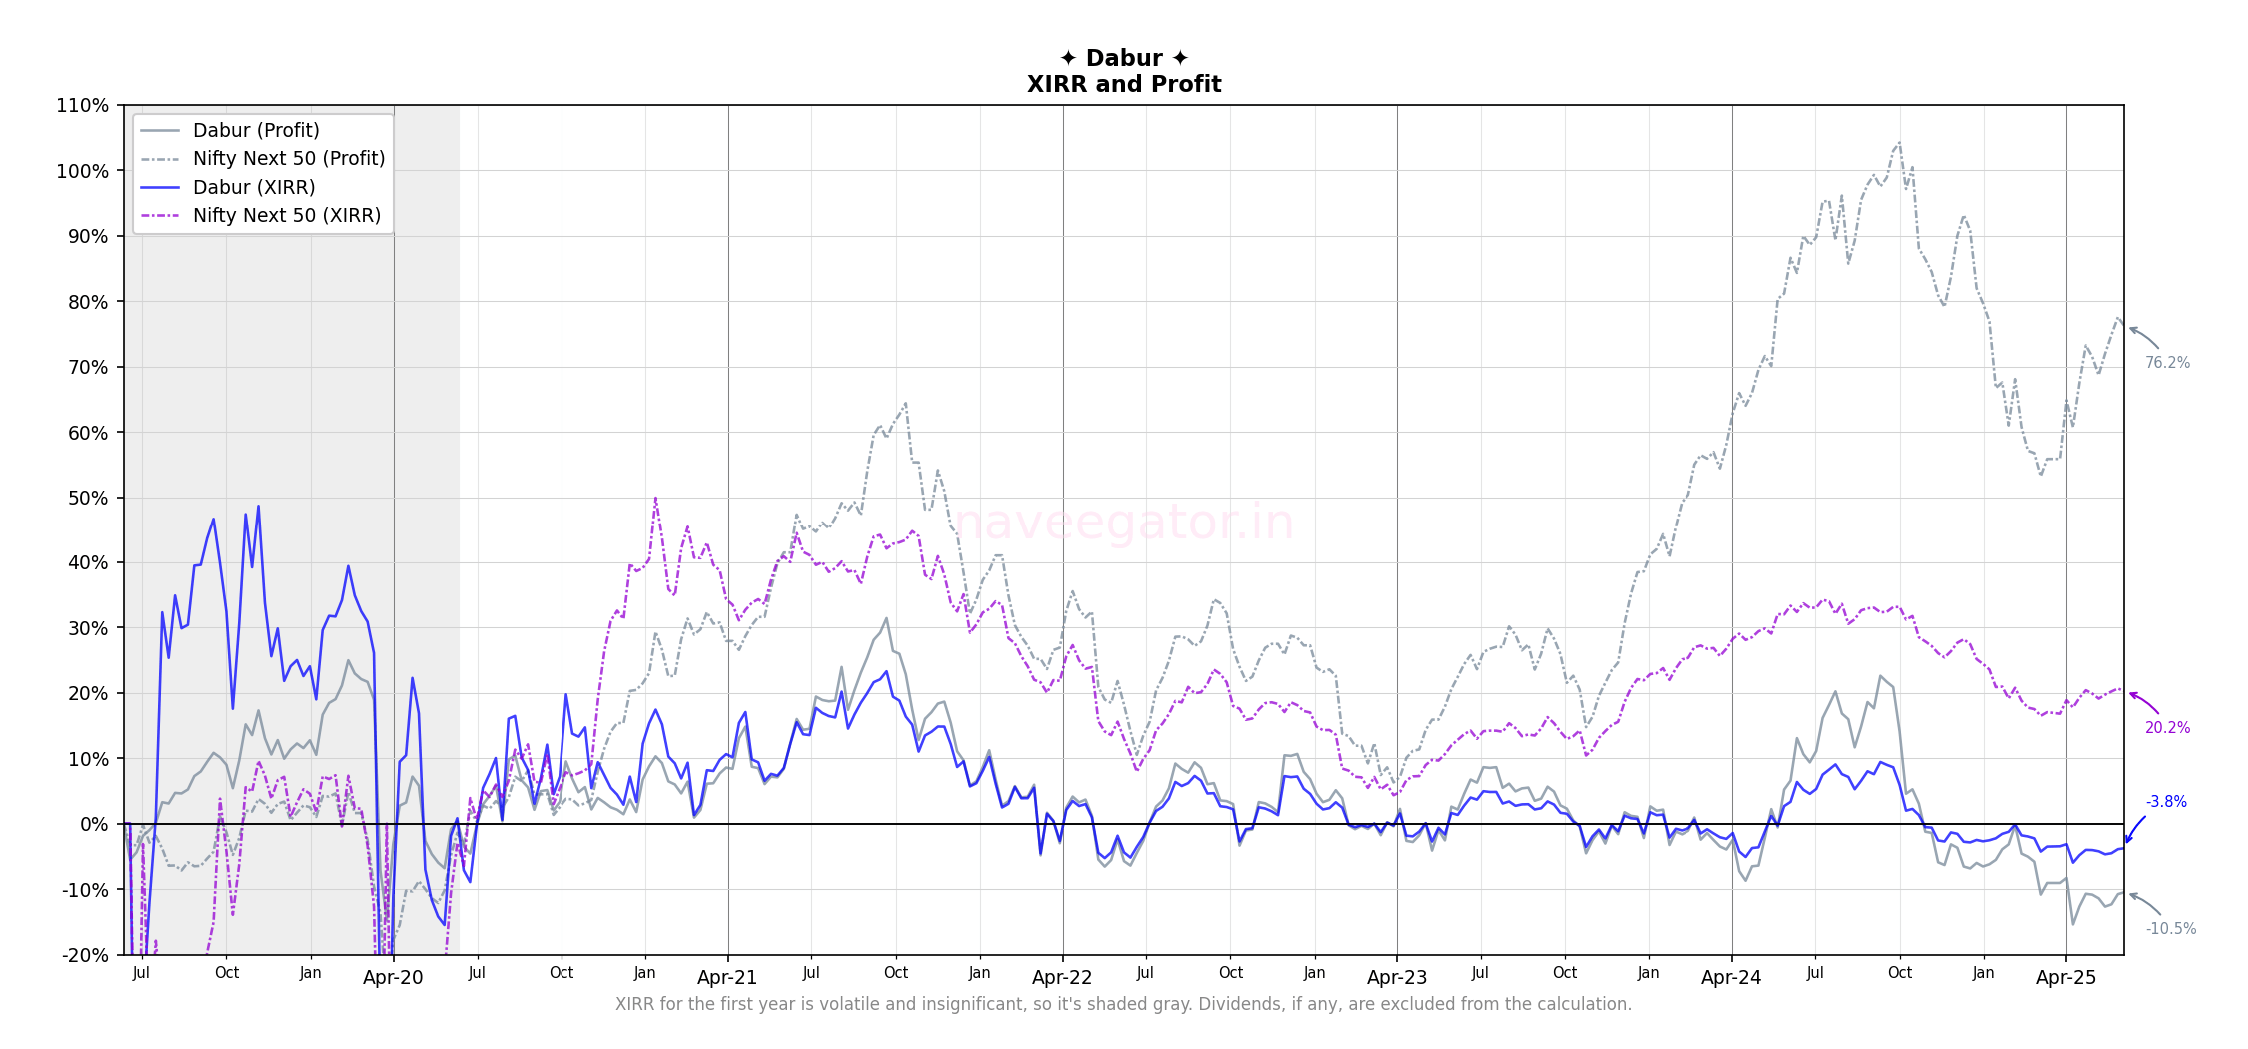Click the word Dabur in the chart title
[1124, 58]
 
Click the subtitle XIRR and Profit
[1124, 84]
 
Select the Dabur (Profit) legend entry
[256, 130]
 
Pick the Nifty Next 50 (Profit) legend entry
[288, 158]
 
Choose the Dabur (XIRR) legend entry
[254, 187]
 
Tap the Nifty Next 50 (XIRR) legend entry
[287, 215]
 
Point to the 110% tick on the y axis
[83, 105]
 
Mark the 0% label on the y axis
[94, 824]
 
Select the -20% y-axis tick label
[85, 955]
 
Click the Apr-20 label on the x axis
[393, 978]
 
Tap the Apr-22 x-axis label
[1062, 978]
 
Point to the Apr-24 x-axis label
[1731, 978]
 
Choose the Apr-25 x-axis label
[2066, 978]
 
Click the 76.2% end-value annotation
[2167, 363]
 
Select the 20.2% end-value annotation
[2167, 728]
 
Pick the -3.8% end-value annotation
[2166, 802]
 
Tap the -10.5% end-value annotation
[2170, 929]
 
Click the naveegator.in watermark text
[1124, 523]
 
